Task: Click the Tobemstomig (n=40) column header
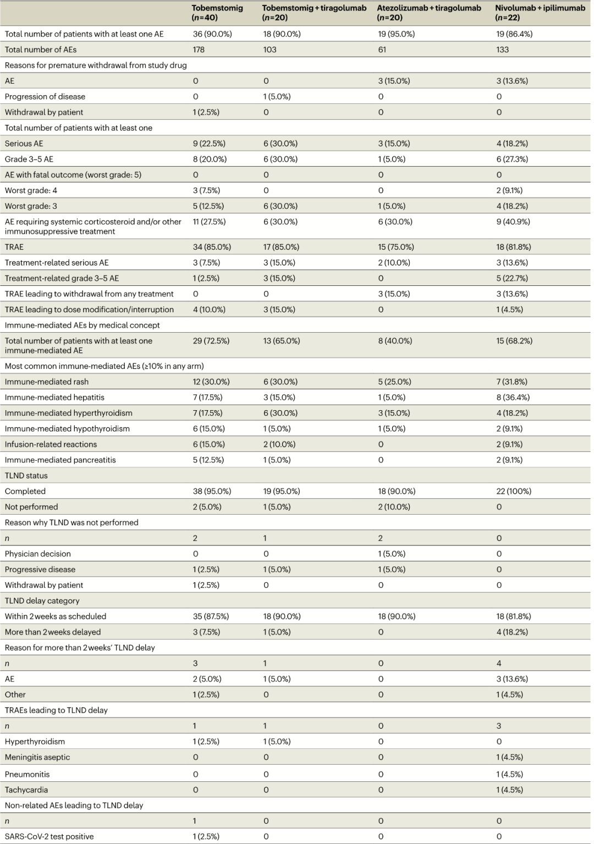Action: click(x=217, y=13)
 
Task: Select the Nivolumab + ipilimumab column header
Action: click(x=540, y=13)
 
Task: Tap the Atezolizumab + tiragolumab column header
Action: click(x=429, y=13)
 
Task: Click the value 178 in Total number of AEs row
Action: click(x=199, y=49)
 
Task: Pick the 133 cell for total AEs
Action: click(x=502, y=49)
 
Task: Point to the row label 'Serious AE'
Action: click(x=24, y=143)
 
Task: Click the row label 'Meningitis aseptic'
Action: click(x=37, y=757)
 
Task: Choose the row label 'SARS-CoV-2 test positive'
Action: click(x=49, y=836)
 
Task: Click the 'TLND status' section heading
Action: click(x=26, y=476)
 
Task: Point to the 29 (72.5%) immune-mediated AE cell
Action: click(x=211, y=340)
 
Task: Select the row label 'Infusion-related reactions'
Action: click(x=51, y=444)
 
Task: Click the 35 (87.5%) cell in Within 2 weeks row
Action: click(x=211, y=616)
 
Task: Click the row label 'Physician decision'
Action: click(x=38, y=554)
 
